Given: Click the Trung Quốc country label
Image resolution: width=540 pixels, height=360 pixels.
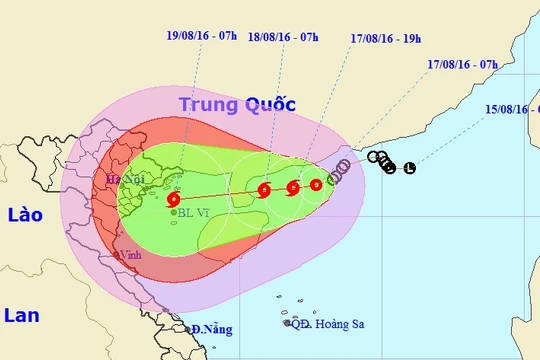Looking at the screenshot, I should point(229,103).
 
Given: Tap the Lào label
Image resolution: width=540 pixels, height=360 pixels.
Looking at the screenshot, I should point(22,214).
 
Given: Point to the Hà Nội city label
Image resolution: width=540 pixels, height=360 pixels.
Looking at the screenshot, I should point(113,181).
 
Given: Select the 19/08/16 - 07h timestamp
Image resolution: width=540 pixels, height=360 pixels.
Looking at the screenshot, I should point(202,34).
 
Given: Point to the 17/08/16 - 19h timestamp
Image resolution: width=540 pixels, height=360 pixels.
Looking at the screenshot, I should point(384,34).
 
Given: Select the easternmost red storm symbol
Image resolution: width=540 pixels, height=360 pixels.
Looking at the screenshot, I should point(316,184).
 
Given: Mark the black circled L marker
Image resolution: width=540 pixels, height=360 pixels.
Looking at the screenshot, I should point(409,168).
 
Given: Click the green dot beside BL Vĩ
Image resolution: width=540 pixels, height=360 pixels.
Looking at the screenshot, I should point(173,212).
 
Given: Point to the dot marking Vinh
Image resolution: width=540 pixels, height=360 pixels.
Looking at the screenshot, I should point(117,256).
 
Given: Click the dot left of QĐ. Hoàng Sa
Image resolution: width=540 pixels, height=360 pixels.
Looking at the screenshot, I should point(286,323).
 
